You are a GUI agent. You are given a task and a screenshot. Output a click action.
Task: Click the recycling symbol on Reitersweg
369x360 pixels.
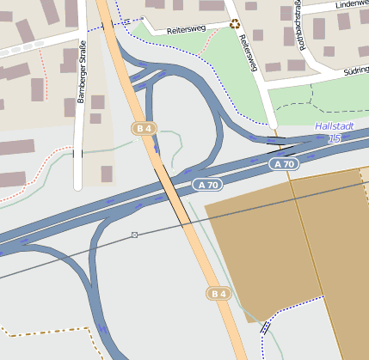pos(234,24)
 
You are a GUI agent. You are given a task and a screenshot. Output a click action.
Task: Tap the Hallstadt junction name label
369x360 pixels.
pos(334,126)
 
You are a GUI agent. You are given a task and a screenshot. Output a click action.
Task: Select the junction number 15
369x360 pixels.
pos(335,137)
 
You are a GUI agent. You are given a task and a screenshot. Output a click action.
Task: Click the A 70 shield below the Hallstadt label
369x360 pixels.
pos(283,163)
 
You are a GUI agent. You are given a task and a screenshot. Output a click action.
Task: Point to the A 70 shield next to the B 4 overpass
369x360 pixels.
pos(206,184)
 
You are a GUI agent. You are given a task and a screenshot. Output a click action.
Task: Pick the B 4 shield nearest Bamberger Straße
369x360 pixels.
pos(144,128)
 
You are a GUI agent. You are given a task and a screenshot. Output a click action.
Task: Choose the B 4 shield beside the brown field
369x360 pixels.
pos(219,294)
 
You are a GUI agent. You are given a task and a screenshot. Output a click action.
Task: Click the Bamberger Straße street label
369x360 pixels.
pos(83,72)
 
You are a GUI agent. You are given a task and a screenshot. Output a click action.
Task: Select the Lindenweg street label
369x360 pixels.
pos(352,4)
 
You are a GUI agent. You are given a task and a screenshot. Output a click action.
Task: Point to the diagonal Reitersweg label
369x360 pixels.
pos(249,53)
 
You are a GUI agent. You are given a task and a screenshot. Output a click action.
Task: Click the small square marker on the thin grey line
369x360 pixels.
pos(135,235)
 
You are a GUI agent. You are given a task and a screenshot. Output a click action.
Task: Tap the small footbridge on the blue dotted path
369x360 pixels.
pos(265,326)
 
